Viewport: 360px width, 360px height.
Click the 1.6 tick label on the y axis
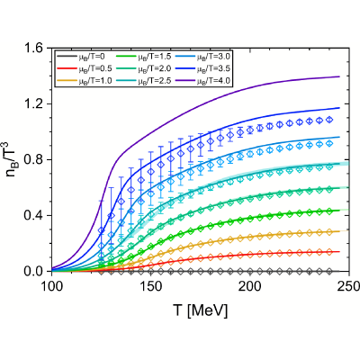pyautogui.click(x=36, y=49)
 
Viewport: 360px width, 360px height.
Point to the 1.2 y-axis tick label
pyautogui.click(x=36, y=104)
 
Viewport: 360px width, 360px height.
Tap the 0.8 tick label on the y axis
pyautogui.click(x=36, y=159)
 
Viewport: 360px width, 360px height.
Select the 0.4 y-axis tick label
pyautogui.click(x=36, y=215)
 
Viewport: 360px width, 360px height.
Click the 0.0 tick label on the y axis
pyautogui.click(x=36, y=271)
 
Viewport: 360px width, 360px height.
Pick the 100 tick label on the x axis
pyautogui.click(x=52, y=286)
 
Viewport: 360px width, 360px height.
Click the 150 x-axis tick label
pyautogui.click(x=151, y=286)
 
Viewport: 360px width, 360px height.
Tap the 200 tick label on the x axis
pyautogui.click(x=250, y=286)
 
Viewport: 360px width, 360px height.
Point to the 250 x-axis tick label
pyautogui.click(x=349, y=286)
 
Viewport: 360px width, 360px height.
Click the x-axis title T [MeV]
pyautogui.click(x=201, y=310)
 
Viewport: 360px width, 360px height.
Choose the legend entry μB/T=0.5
pyautogui.click(x=84, y=68)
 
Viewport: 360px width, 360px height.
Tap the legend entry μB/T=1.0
pyautogui.click(x=84, y=81)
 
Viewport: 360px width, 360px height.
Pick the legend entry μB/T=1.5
pyautogui.click(x=143, y=56)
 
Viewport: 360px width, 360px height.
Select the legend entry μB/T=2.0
pyautogui.click(x=143, y=68)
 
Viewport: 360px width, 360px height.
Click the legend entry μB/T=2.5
pyautogui.click(x=143, y=81)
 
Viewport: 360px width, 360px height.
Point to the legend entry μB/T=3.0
pyautogui.click(x=202, y=56)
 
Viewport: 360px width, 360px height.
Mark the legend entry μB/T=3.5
pyautogui.click(x=202, y=68)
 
